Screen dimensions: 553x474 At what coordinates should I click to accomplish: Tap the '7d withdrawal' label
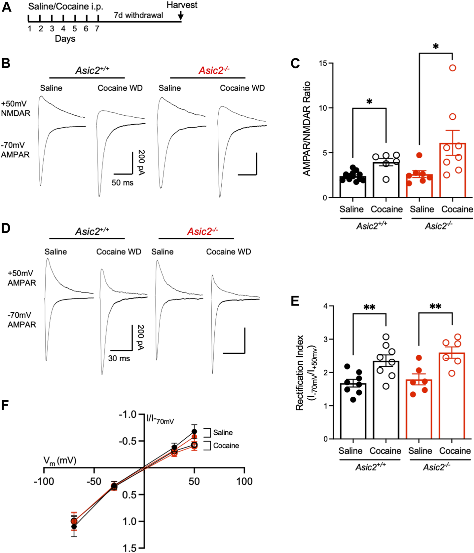point(138,15)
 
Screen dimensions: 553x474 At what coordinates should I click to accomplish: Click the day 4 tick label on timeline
point(63,29)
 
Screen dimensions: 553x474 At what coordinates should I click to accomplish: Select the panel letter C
point(295,63)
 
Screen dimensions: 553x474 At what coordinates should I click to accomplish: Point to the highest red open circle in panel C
point(453,68)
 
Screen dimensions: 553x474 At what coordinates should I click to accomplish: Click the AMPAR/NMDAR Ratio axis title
point(307,129)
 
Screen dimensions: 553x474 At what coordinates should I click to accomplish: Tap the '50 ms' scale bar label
point(123,182)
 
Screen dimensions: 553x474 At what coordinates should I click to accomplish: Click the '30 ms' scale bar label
point(119,358)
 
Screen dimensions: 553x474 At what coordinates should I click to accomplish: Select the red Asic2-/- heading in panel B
point(214,70)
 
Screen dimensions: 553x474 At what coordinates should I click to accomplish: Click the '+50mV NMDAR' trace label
point(16,108)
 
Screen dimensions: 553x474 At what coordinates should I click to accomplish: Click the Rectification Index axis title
point(304,373)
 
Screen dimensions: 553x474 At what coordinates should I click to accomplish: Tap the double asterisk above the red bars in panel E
point(435,307)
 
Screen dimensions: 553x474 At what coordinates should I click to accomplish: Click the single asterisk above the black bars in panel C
point(369,101)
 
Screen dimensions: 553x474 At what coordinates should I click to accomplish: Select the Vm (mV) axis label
point(60,461)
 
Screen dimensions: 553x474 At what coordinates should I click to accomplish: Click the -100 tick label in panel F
point(44,481)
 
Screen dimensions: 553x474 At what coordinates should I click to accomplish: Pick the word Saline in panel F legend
point(223,433)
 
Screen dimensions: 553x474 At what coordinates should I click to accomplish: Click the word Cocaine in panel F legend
point(226,446)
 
